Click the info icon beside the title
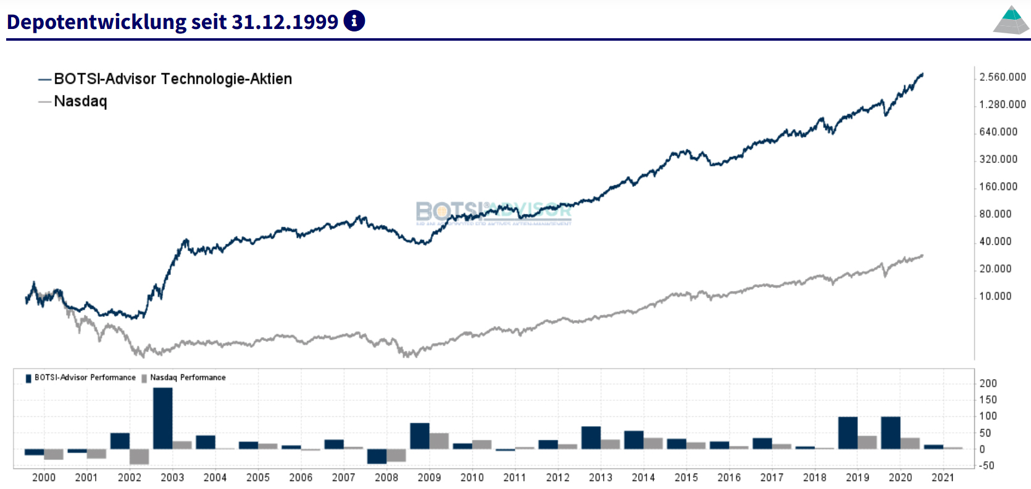click(x=354, y=21)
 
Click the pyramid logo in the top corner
click(x=1011, y=20)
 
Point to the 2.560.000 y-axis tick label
click(x=1003, y=77)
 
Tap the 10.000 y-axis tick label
click(x=995, y=297)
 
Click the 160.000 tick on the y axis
click(x=998, y=187)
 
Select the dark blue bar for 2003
click(x=163, y=418)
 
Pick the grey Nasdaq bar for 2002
click(x=140, y=456)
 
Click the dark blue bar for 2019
click(x=848, y=433)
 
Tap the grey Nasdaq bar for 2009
click(x=439, y=441)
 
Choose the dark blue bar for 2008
click(x=377, y=456)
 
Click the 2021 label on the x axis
click(x=943, y=477)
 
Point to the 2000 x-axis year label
click(x=44, y=477)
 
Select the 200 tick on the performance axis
click(x=988, y=384)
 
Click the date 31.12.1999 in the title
click(x=285, y=22)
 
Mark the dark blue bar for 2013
click(x=591, y=438)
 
